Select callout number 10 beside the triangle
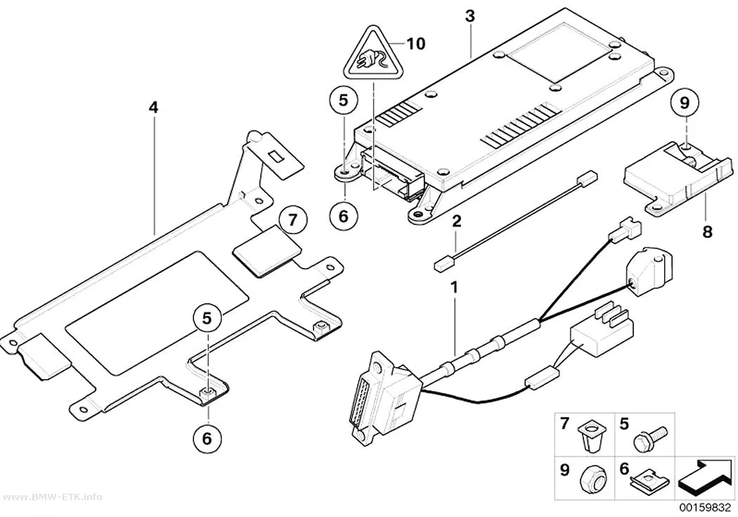pos(415,44)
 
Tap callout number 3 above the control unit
pos(470,15)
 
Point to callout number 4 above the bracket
pos(153,108)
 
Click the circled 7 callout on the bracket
pos(293,220)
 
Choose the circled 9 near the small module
pos(685,102)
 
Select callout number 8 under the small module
pos(707,231)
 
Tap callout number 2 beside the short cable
pos(457,221)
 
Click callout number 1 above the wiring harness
pos(454,287)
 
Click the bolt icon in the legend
pos(650,439)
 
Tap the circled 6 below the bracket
pos(207,439)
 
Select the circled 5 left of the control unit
pos(343,101)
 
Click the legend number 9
pos(564,469)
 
